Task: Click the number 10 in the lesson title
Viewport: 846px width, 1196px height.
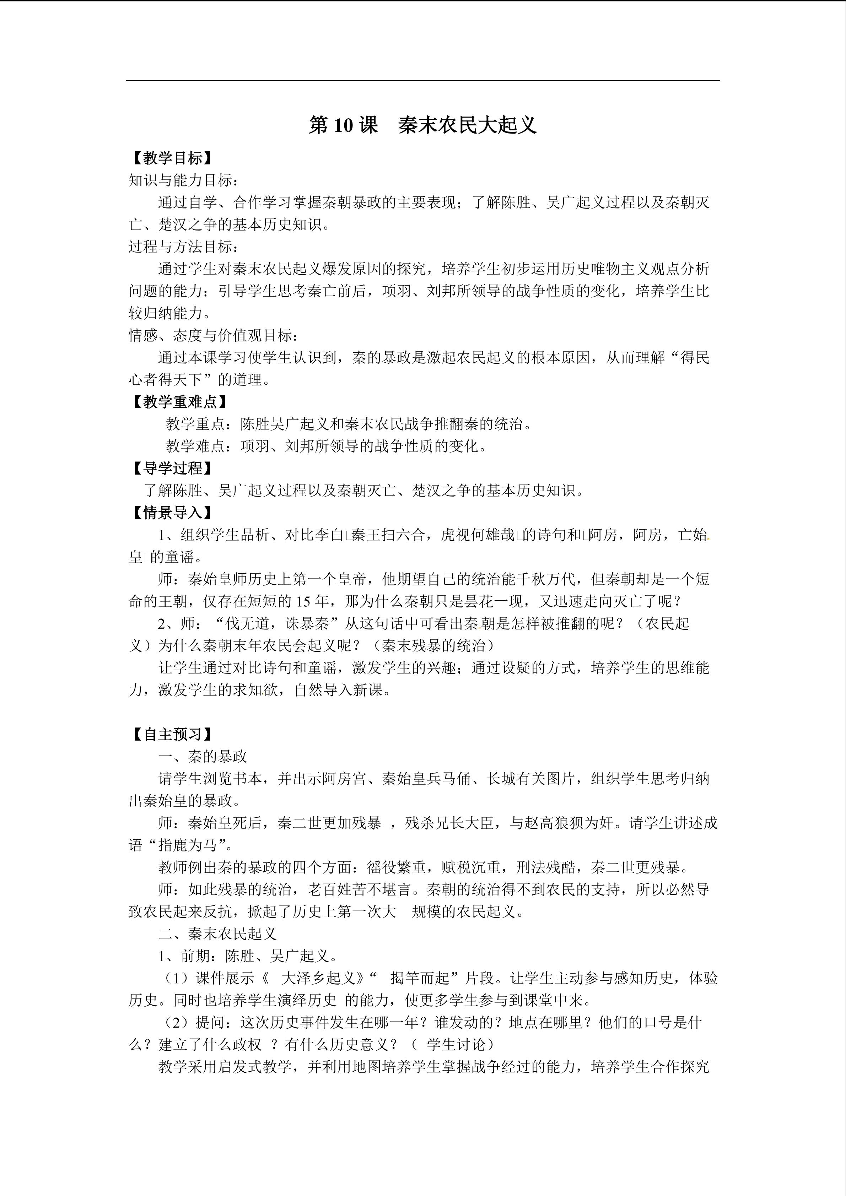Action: [344, 125]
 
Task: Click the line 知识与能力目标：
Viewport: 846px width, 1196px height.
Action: [184, 180]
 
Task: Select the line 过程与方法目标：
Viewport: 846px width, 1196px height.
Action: [184, 247]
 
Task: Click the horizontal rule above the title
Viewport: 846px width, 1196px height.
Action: [422, 81]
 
